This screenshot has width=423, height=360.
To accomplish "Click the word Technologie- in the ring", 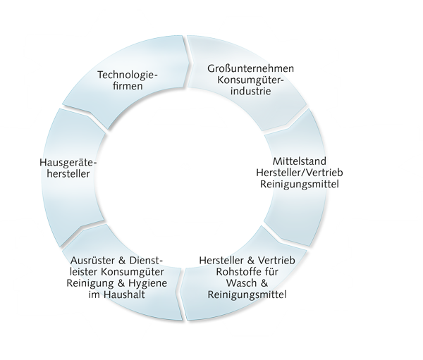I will (x=127, y=74).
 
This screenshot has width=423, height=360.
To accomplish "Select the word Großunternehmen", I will (x=250, y=68).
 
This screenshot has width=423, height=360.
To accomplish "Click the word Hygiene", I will (x=147, y=283).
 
